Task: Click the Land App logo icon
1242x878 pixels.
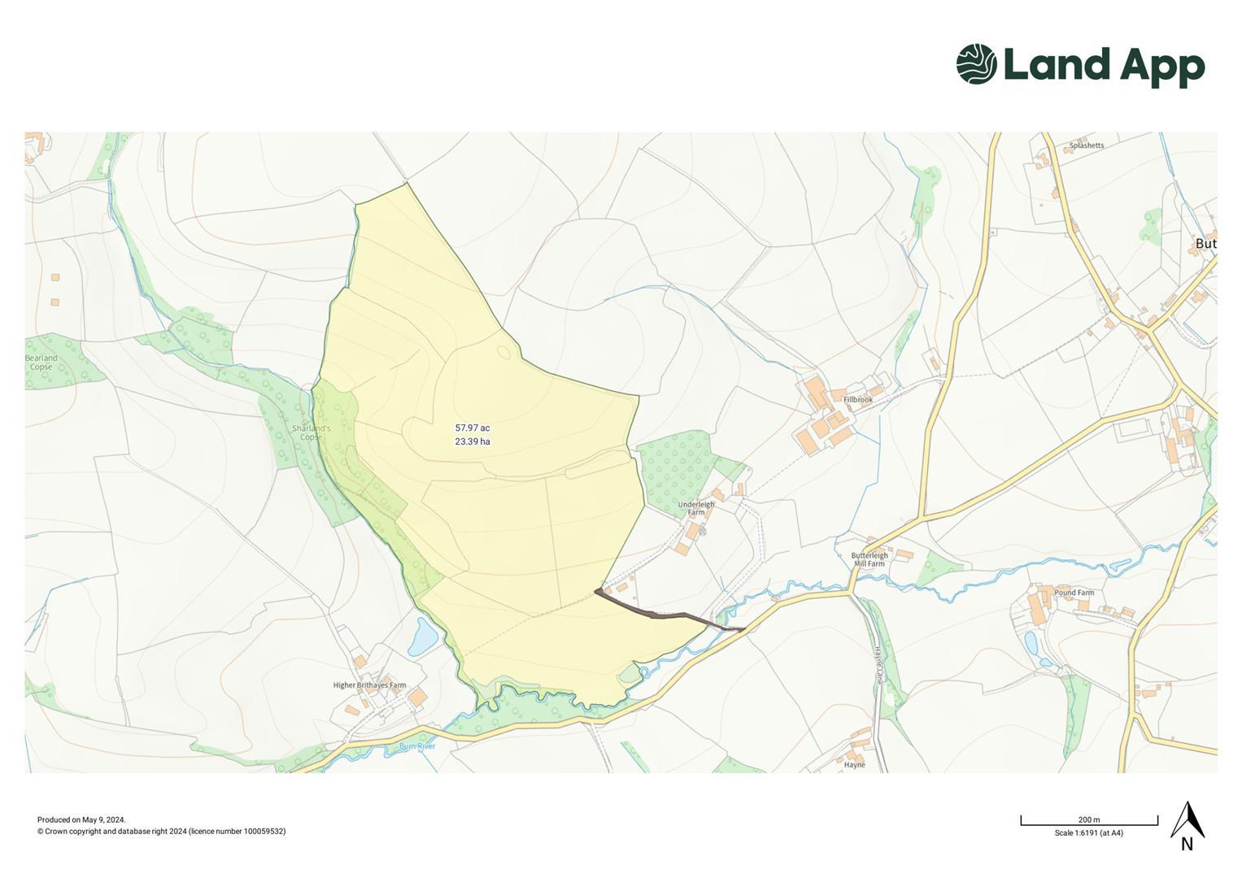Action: click(x=976, y=63)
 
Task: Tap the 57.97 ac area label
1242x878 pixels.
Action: click(x=472, y=428)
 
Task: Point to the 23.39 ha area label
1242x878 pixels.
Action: click(x=472, y=441)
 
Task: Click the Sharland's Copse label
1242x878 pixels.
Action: click(x=311, y=432)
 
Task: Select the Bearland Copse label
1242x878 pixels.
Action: click(x=41, y=362)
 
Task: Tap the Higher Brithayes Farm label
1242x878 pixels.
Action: click(x=369, y=685)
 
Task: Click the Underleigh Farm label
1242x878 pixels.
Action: click(x=696, y=508)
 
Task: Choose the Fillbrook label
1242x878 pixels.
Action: click(x=857, y=399)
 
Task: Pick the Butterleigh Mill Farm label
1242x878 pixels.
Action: click(x=869, y=559)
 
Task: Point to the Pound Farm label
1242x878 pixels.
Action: click(x=1074, y=593)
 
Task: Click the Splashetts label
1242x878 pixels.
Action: click(x=1087, y=146)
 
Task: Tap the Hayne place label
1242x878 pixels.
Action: click(x=854, y=764)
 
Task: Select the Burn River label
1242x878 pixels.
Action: click(x=417, y=745)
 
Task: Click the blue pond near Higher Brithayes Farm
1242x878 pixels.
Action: click(x=423, y=637)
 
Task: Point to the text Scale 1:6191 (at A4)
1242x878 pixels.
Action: click(x=1088, y=832)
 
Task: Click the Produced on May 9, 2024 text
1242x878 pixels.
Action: click(x=81, y=819)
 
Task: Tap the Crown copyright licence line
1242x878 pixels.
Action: click(x=161, y=831)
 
